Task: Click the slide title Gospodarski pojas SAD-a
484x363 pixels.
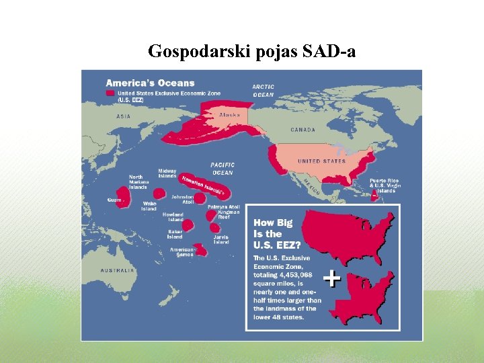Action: click(251, 51)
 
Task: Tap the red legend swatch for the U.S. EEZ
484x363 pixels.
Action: click(110, 93)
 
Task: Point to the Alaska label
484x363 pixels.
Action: click(229, 115)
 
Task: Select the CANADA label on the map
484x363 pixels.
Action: click(302, 129)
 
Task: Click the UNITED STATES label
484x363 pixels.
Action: click(321, 161)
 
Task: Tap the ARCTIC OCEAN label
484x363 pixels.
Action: click(264, 91)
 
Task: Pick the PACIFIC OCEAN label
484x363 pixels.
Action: click(223, 169)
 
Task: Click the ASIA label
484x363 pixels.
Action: click(123, 116)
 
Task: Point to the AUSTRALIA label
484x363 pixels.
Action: click(118, 270)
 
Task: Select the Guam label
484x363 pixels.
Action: click(114, 199)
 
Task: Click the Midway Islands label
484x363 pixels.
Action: click(167, 173)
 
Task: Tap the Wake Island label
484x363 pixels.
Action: click(149, 206)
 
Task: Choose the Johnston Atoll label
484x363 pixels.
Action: click(182, 200)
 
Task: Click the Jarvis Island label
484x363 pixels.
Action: click(221, 239)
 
